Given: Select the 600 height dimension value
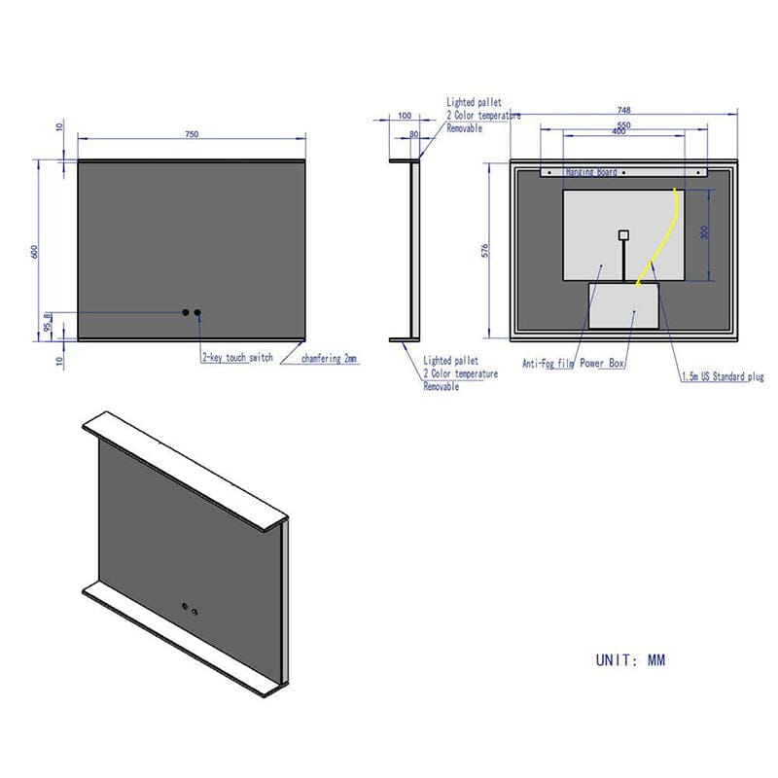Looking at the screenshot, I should coord(35,250).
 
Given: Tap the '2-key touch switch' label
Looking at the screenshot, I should coord(237,358).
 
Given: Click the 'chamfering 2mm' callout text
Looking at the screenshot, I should coord(329,358).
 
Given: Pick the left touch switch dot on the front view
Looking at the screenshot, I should coord(185,313).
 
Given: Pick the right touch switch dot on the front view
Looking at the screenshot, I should coord(198,313).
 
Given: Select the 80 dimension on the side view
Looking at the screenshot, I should coord(414,135).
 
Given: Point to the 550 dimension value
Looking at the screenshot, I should coord(622,124).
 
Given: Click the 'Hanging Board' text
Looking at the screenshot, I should coord(590,172).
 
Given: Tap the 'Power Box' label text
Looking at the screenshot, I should coord(603,364).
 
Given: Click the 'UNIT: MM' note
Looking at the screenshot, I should coord(630,659).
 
